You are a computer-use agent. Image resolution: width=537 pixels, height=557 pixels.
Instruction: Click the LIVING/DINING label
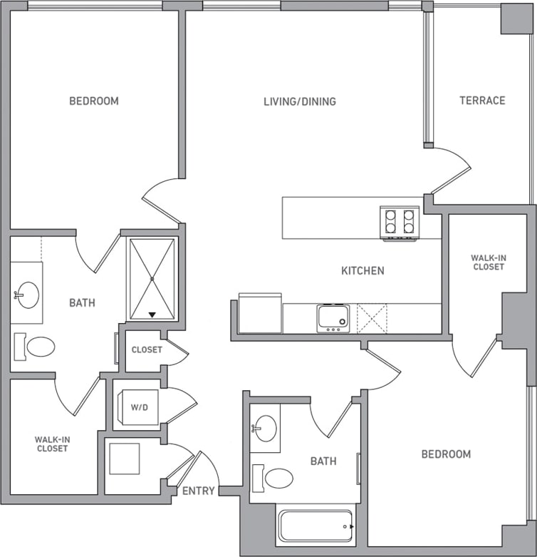coord(299,101)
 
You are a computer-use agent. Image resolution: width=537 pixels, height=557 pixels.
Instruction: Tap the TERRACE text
coord(482,101)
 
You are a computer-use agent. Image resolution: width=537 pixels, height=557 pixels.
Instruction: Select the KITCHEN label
coord(363,270)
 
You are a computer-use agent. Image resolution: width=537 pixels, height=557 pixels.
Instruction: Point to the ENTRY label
coord(199,491)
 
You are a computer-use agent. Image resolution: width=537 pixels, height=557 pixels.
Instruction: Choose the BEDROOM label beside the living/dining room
coord(93,101)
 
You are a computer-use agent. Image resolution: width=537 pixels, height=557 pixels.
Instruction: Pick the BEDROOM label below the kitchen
coord(446,454)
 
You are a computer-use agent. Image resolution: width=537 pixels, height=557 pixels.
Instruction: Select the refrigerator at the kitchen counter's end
coord(260,313)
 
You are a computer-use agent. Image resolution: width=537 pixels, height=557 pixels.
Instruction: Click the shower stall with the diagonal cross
coord(151,278)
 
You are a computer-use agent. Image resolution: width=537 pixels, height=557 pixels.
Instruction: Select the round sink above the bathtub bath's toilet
coord(266,429)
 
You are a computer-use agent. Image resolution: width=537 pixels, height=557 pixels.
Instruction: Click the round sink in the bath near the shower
coord(28,294)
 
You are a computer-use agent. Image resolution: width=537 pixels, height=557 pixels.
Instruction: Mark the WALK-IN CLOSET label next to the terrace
coord(488,262)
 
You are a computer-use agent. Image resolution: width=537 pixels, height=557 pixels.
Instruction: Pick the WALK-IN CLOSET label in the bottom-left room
coord(52,444)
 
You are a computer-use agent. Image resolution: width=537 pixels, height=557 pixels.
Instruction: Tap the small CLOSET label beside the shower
coord(147,349)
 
